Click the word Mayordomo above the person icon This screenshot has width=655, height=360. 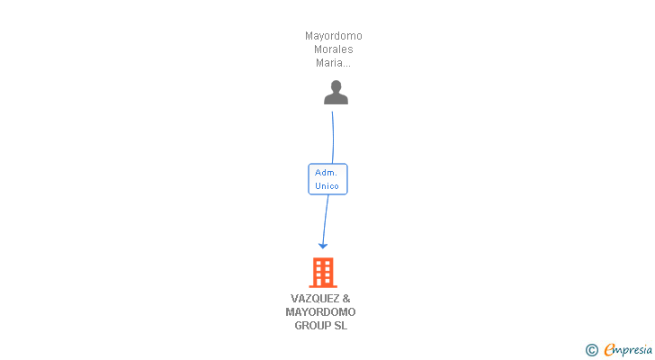tap(334, 36)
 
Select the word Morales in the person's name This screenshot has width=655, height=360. tap(334, 49)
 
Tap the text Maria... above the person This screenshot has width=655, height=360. tap(333, 63)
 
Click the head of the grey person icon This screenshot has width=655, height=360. tap(336, 86)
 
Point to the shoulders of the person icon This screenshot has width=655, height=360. tap(336, 99)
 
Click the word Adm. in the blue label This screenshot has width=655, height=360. tap(327, 172)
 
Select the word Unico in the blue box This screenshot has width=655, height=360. tap(327, 186)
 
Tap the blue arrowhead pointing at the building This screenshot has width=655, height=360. tap(323, 245)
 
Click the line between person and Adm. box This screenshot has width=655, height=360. tap(333, 135)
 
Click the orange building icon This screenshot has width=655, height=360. tap(323, 272)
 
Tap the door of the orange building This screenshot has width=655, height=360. tap(323, 283)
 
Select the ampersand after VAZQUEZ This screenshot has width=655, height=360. tap(346, 299)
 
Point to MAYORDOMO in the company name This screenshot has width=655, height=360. tap(321, 312)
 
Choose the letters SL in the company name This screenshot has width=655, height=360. tap(340, 326)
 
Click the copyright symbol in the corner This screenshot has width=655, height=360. tap(591, 350)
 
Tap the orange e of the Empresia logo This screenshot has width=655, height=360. tap(609, 349)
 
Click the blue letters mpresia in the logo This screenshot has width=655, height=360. tap(634, 350)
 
